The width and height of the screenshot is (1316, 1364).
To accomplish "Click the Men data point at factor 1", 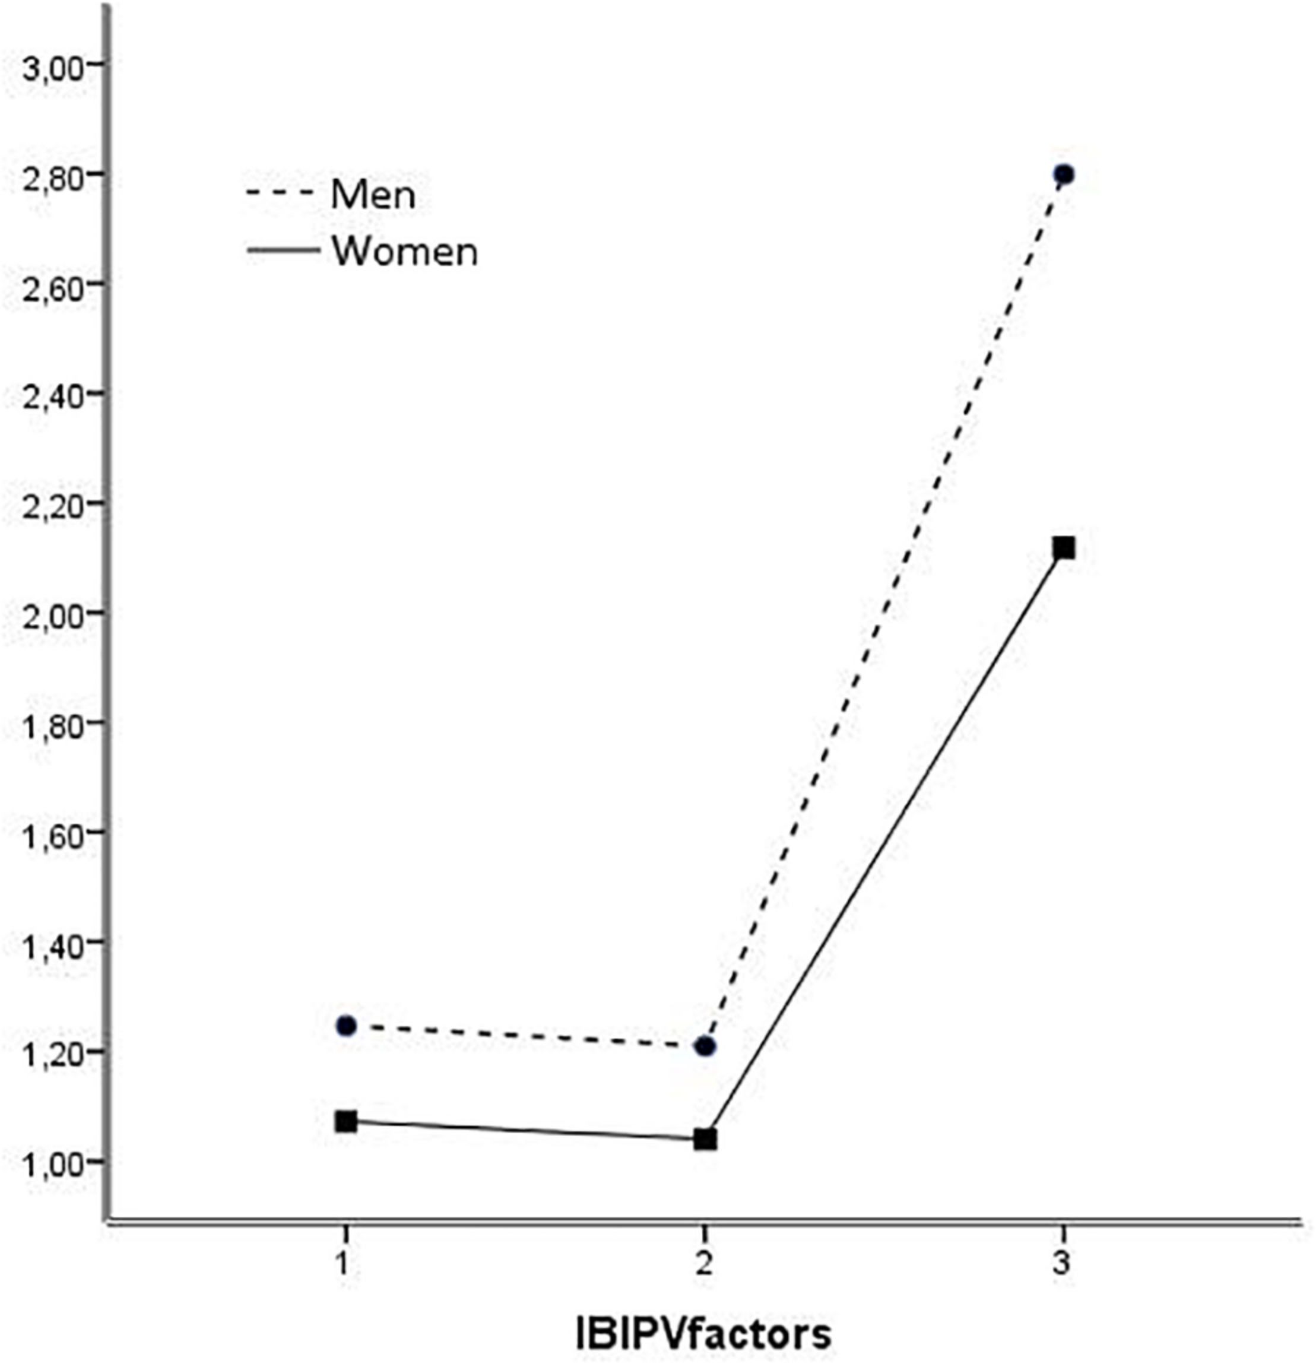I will coord(346,1025).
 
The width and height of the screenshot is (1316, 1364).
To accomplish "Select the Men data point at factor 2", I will coord(705,1046).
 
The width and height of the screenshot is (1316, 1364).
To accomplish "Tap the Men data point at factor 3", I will coord(1063,174).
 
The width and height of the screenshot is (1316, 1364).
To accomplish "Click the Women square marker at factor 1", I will coord(346,1121).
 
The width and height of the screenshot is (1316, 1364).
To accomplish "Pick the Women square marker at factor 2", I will coord(705,1139).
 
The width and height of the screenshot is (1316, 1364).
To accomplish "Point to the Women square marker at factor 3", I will coord(1063,548).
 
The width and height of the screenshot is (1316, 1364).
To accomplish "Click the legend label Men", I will coord(373,194).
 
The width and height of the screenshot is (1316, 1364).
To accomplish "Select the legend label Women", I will coord(404,251).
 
